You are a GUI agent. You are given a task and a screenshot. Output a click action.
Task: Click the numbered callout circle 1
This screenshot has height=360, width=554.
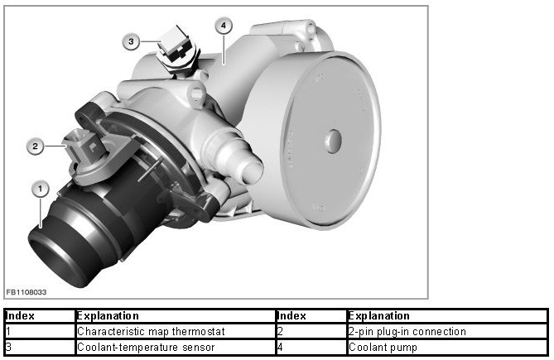(x=40, y=190)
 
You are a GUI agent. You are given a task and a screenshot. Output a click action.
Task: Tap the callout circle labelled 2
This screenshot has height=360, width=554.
(x=35, y=146)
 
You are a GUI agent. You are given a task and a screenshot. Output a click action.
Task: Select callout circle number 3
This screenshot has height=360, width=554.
(x=131, y=41)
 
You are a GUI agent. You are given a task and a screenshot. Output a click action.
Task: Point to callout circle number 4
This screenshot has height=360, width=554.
(x=224, y=26)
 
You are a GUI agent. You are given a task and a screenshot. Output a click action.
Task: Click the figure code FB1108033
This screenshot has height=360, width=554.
(x=26, y=292)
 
